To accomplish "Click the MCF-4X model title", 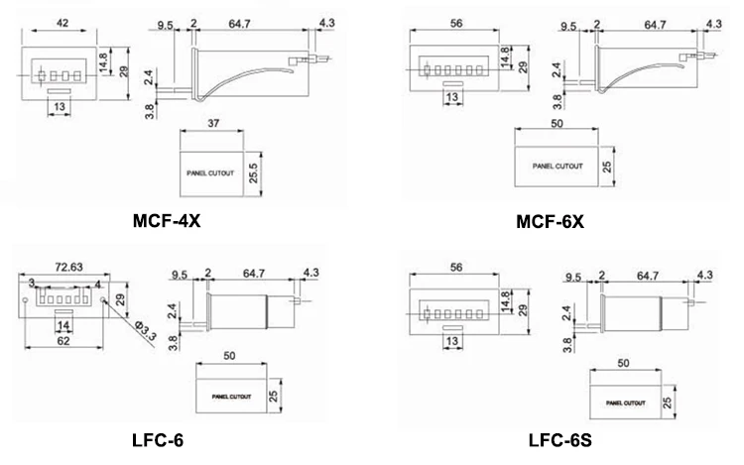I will point(168,220).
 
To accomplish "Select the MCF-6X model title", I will point(550,220).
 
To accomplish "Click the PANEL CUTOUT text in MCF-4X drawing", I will point(209,173).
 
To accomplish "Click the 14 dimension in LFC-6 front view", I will point(62,325).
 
